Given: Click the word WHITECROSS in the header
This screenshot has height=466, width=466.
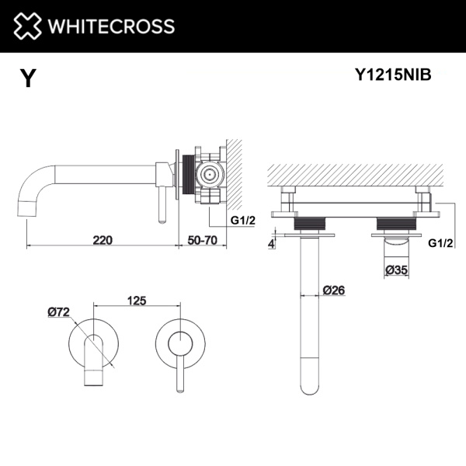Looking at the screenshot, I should (111, 26).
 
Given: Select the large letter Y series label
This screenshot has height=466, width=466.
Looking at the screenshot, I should (28, 78).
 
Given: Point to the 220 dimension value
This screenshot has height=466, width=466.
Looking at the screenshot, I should (103, 240).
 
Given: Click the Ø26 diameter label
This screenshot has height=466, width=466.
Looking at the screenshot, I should (333, 290).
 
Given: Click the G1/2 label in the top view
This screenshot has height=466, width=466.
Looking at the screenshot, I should (440, 242).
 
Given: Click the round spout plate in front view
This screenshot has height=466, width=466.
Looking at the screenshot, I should (94, 342).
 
